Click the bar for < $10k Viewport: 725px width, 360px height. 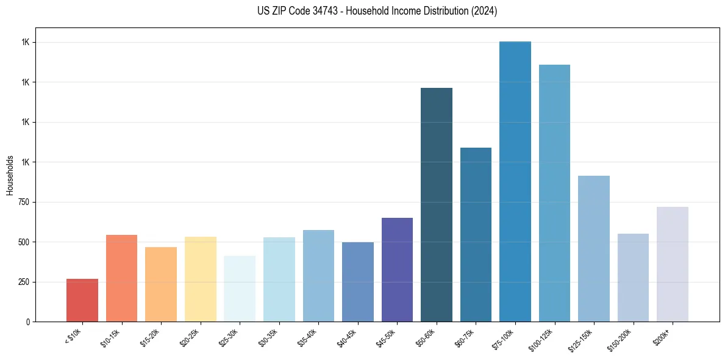(x=82, y=300)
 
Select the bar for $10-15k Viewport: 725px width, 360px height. (x=121, y=278)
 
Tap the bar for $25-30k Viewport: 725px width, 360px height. (x=240, y=289)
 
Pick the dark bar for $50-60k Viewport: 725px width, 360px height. (x=437, y=204)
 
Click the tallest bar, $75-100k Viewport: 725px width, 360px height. (x=515, y=181)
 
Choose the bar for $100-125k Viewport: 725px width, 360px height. (x=554, y=193)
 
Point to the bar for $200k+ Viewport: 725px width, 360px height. (x=673, y=264)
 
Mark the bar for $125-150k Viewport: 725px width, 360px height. (x=594, y=248)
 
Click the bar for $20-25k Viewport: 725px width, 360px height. (x=201, y=279)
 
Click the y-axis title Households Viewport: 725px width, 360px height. (x=10, y=175)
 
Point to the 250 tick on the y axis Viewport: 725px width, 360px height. (x=23, y=282)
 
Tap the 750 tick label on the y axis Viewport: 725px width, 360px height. (x=23, y=202)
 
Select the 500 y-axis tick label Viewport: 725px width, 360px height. (x=23, y=242)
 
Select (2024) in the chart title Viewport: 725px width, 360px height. (x=485, y=11)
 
